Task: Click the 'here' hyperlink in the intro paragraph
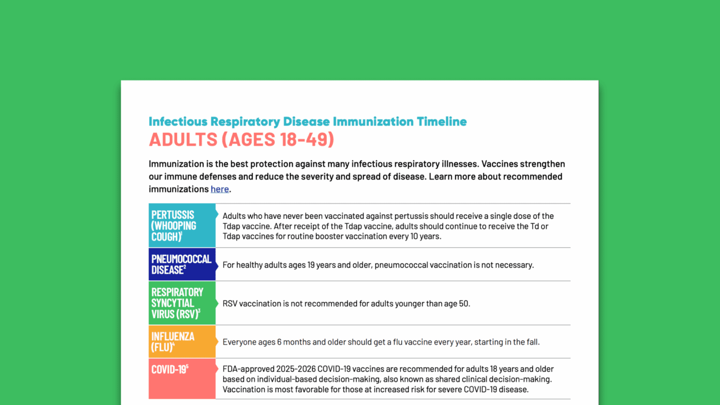click(x=219, y=189)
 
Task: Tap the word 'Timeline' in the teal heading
click(x=442, y=121)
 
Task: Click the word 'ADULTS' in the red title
click(x=183, y=140)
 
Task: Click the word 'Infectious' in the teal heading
click(x=178, y=121)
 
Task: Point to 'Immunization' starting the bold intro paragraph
click(x=176, y=164)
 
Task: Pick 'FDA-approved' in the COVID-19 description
click(x=248, y=369)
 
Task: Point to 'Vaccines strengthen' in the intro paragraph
click(x=523, y=164)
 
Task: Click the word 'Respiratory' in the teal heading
click(x=245, y=121)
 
